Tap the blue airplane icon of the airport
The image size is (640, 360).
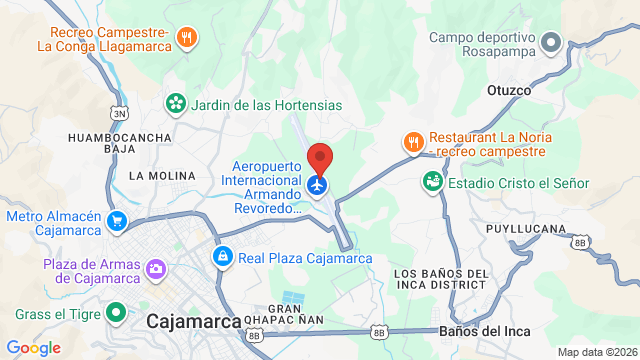(319, 185)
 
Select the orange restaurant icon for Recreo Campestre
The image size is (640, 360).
(185, 37)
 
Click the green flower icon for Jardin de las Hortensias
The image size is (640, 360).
(176, 104)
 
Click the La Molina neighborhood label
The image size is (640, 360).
(162, 176)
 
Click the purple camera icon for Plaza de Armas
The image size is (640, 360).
(156, 268)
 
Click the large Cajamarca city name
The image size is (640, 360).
(194, 321)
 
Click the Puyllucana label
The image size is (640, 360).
(526, 229)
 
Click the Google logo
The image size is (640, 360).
(34, 347)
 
